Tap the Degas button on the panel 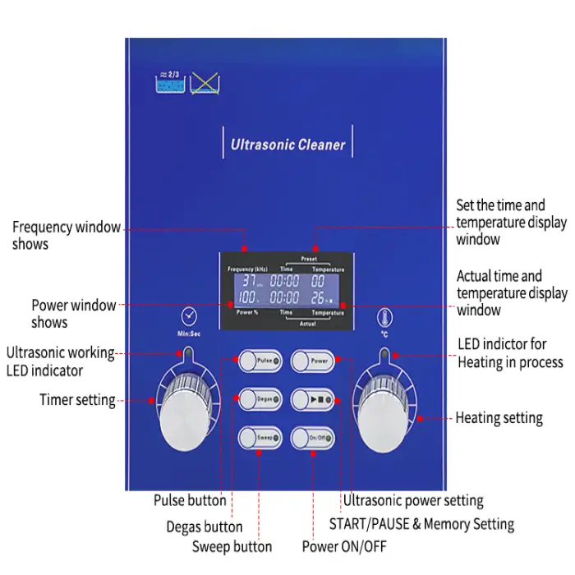[x=260, y=398]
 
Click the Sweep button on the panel [x=260, y=438]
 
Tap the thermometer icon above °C [x=384, y=317]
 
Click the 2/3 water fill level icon [x=170, y=85]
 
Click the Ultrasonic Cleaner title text [x=288, y=146]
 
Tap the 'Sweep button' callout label [x=232, y=546]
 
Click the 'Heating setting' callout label [x=499, y=418]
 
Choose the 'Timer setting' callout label [x=77, y=400]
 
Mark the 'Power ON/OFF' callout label [x=343, y=546]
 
